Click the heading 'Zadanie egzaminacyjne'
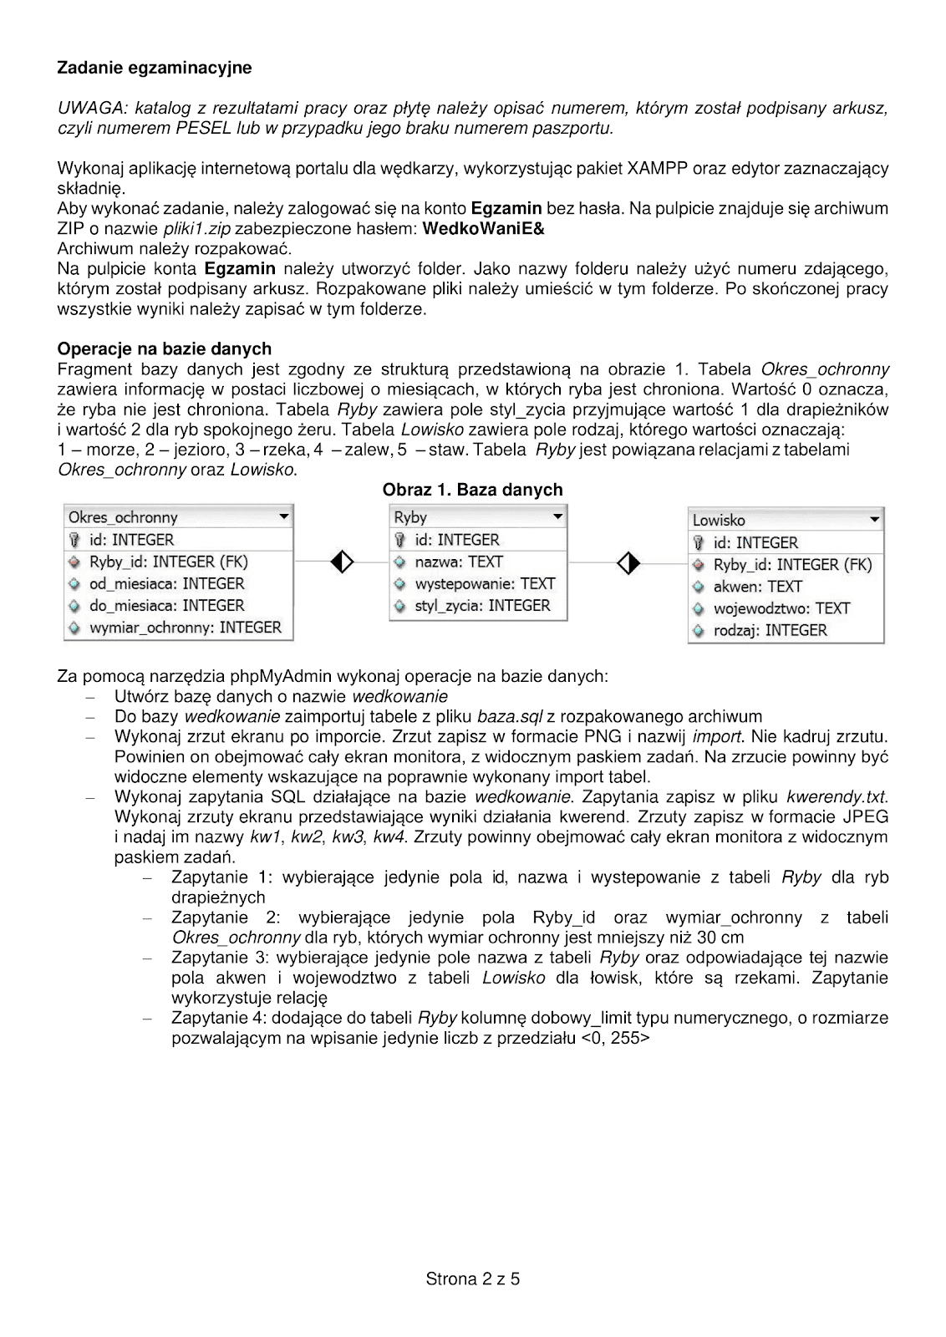point(154,67)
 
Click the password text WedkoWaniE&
point(484,228)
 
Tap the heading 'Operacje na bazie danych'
point(164,348)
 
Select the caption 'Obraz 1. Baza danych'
point(472,490)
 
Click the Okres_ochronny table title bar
point(178,517)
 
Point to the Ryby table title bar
point(478,517)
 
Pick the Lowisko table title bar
point(786,520)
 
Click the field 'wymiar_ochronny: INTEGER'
point(185,628)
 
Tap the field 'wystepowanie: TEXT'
point(485,584)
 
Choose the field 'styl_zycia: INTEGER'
point(482,606)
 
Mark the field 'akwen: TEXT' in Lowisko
point(757,587)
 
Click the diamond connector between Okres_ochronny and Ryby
point(343,562)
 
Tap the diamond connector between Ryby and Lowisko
point(628,562)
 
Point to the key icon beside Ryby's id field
point(400,541)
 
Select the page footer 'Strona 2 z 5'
point(472,1279)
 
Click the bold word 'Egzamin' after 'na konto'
point(506,208)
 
